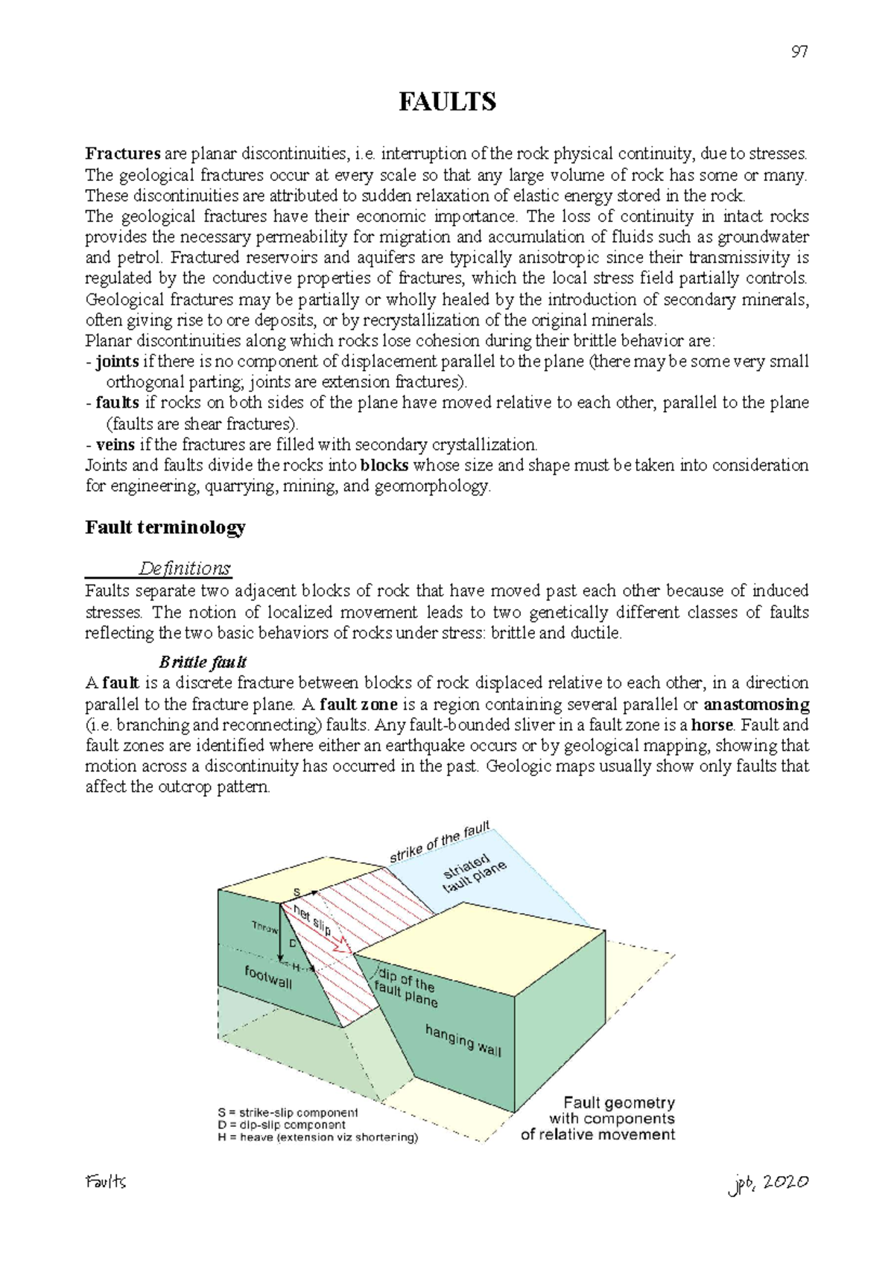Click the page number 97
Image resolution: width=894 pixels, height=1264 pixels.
click(x=799, y=52)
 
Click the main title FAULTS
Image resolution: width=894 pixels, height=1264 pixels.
click(x=447, y=102)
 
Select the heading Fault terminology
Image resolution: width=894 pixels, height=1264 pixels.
click(x=165, y=528)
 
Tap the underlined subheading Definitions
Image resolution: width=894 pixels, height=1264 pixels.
click(x=184, y=568)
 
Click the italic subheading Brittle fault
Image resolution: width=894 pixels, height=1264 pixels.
click(x=203, y=662)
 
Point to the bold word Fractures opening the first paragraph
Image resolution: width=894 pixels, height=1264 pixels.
click(x=123, y=154)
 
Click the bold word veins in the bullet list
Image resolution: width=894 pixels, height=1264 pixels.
click(x=115, y=445)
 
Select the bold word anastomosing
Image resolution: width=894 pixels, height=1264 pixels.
click(x=756, y=704)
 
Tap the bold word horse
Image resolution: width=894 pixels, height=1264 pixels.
click(x=711, y=725)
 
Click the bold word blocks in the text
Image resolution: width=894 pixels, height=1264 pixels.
click(x=384, y=466)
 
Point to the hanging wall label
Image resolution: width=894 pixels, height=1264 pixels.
click(x=463, y=1040)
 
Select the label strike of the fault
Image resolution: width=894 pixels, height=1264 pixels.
click(x=440, y=842)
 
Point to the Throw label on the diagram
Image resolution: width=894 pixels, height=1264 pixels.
click(x=264, y=927)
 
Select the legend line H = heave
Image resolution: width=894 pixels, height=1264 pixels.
click(x=318, y=1137)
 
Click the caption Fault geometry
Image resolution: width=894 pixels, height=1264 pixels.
click(x=618, y=1102)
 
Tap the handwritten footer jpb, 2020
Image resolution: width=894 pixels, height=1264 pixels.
click(x=768, y=1183)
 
